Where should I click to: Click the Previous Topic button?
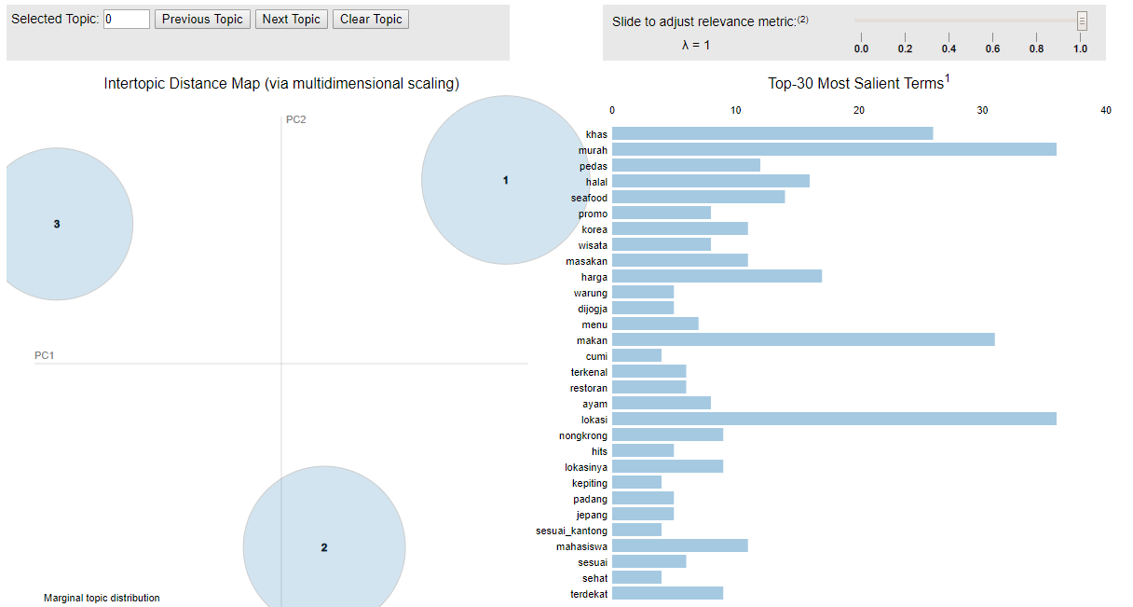pos(202,19)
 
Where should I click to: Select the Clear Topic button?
pos(370,19)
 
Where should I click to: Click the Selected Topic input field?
pos(127,19)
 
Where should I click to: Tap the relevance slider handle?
pos(1082,21)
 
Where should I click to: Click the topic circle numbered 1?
pos(505,180)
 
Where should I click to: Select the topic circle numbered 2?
pos(324,547)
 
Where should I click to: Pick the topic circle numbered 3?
pos(58,224)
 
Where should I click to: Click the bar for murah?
pos(834,150)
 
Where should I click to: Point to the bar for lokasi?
pos(834,420)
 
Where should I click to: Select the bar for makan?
pos(803,340)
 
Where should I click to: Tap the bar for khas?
pos(772,134)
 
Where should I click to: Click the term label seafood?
pos(589,198)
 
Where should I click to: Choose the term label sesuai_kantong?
pos(572,531)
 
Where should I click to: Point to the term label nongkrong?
pos(583,435)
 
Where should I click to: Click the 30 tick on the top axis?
pos(982,110)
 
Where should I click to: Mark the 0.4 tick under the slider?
pos(949,48)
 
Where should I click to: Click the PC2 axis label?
pos(295,119)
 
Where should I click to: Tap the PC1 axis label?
pos(45,356)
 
